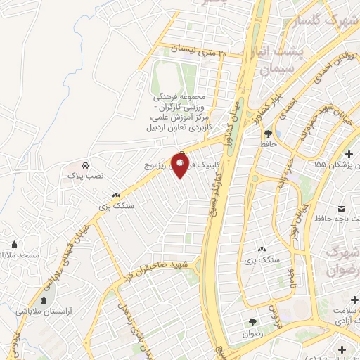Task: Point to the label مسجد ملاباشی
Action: coord(19,254)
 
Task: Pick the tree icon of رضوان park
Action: coord(251,322)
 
